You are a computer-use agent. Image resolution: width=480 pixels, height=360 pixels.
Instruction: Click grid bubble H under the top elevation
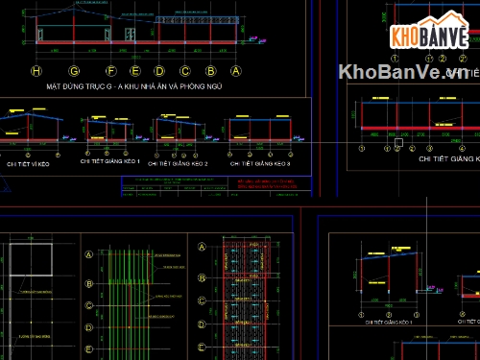[x=36, y=71]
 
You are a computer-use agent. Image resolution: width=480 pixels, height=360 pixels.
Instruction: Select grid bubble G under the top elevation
[x=74, y=71]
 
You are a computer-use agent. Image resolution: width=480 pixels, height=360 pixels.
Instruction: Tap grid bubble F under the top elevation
[x=110, y=71]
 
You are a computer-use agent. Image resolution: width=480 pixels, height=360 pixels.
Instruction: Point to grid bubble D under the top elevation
[x=159, y=71]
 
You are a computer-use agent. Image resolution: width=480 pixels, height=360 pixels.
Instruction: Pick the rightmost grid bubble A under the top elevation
[x=235, y=71]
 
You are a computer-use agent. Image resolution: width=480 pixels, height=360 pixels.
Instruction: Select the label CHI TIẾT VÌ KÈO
[x=28, y=164]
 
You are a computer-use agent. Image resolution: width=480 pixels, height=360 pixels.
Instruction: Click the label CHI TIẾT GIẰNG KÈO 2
[x=179, y=164]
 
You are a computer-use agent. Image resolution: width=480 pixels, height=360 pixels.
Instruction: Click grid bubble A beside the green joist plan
[x=89, y=254]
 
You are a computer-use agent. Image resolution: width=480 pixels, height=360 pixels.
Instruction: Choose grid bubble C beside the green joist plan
[x=89, y=306]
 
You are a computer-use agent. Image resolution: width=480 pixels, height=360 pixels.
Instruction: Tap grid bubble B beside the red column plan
[x=203, y=278]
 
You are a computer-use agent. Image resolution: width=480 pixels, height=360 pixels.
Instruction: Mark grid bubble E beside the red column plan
[x=203, y=348]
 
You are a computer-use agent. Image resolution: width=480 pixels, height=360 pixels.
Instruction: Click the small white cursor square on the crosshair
[x=396, y=143]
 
